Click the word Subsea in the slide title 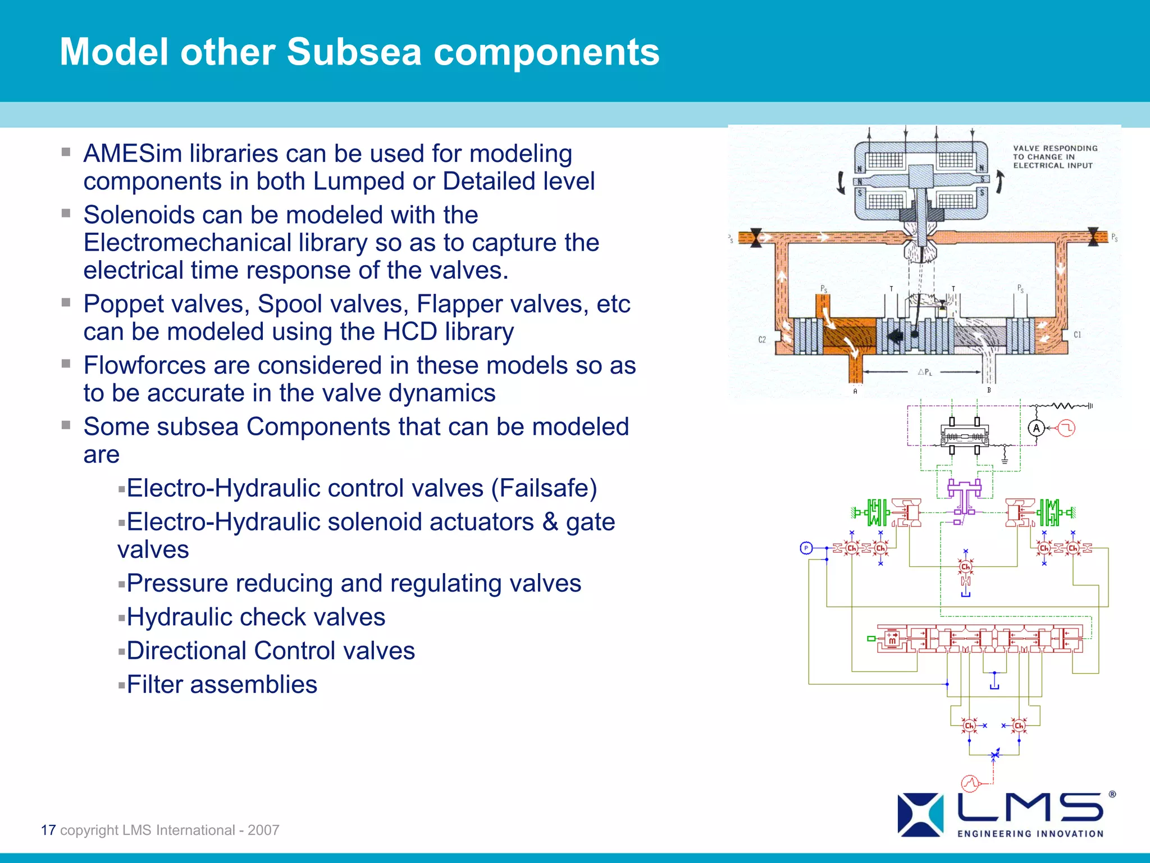coord(354,52)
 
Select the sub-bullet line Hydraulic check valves coord(255,617)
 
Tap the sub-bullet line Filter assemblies coord(221,685)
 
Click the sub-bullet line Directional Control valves coord(270,651)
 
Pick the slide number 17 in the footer coord(48,830)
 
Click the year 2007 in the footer coord(263,830)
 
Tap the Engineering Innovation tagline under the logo coord(1030,834)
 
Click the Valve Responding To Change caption coord(1055,157)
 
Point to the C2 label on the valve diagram coord(762,339)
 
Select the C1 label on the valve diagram coord(1077,335)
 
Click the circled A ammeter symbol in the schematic coord(1037,428)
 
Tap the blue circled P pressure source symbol coord(806,548)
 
